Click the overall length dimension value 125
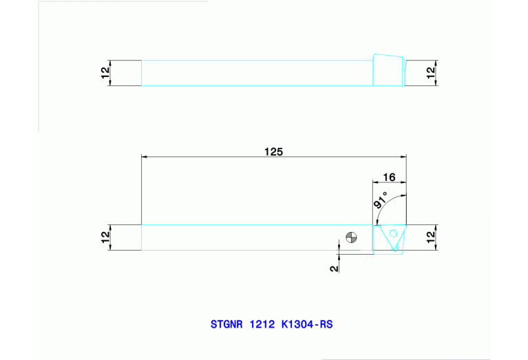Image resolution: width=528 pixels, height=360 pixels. pyautogui.click(x=274, y=151)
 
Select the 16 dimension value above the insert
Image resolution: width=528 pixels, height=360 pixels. pyautogui.click(x=388, y=177)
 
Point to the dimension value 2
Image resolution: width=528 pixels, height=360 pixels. pyautogui.click(x=335, y=268)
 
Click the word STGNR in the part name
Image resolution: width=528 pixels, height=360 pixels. pyautogui.click(x=226, y=324)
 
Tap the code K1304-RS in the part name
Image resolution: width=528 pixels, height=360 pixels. pyautogui.click(x=307, y=324)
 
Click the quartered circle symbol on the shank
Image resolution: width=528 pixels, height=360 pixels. pyautogui.click(x=352, y=237)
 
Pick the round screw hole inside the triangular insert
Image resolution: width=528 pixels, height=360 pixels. pyautogui.click(x=393, y=233)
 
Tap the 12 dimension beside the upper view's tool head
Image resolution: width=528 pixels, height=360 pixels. pyautogui.click(x=431, y=73)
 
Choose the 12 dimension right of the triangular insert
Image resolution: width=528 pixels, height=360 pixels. pyautogui.click(x=431, y=237)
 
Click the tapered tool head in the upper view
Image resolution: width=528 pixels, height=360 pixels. pyautogui.click(x=388, y=70)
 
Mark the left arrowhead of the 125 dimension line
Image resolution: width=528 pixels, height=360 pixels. pyautogui.click(x=145, y=157)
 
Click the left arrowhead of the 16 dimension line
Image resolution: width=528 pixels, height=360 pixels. pyautogui.click(x=375, y=182)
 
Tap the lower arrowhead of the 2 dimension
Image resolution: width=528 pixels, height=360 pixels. pyautogui.click(x=339, y=256)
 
